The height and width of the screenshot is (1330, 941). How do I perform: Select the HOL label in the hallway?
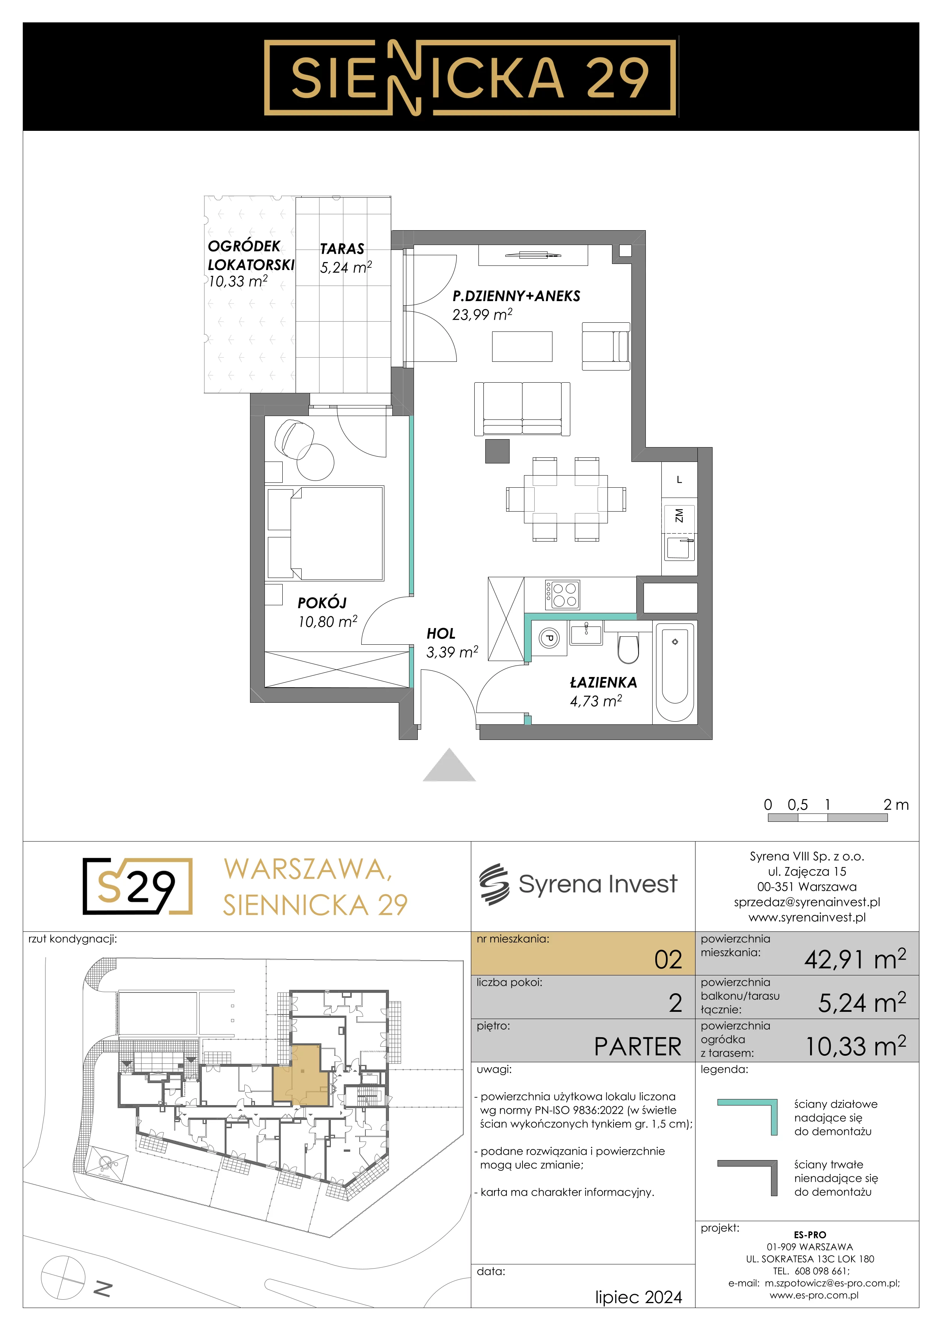pos(441,634)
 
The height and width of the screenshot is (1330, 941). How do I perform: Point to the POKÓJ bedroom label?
pos(322,603)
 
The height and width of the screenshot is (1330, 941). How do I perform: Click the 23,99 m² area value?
pos(482,314)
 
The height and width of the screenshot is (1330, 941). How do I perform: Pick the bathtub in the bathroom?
pos(675,672)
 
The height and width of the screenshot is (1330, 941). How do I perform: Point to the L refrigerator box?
pos(679,480)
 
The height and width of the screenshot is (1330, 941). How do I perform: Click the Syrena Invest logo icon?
pos(494,884)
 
